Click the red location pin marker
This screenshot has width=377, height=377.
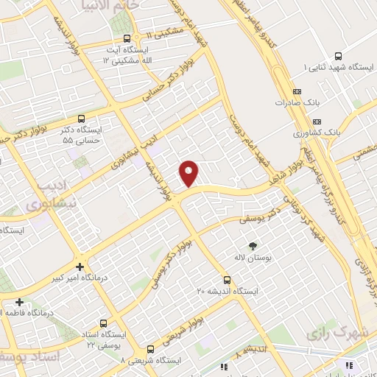click(x=189, y=174)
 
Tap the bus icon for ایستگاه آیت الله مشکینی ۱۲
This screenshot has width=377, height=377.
click(x=127, y=38)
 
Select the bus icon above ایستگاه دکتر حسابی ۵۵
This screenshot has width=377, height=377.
click(x=80, y=118)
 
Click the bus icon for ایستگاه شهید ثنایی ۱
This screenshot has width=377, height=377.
click(x=338, y=56)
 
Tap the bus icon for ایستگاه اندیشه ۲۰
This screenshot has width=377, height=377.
click(x=227, y=280)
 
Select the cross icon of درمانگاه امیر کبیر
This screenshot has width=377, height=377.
click(x=80, y=267)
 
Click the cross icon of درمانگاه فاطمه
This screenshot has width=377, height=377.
click(x=19, y=302)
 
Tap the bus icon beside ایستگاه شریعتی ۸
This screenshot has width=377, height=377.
click(x=150, y=349)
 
